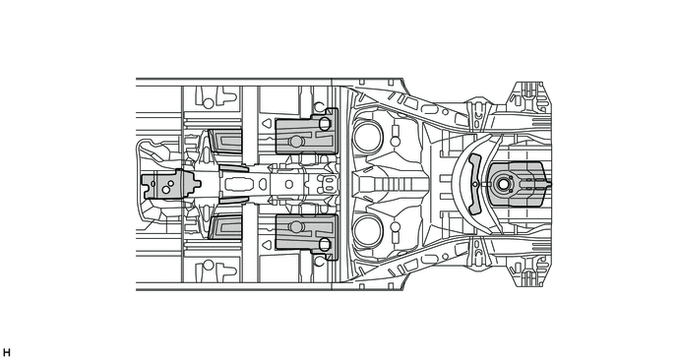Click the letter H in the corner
click(x=6, y=353)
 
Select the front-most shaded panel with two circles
click(x=168, y=184)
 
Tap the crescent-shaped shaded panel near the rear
click(x=475, y=184)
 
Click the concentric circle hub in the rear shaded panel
click(x=503, y=184)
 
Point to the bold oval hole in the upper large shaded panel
click(x=325, y=124)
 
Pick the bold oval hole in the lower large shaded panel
click(x=325, y=244)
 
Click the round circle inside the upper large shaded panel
click(x=296, y=142)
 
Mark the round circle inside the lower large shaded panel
click(x=296, y=227)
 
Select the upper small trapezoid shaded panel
click(x=225, y=142)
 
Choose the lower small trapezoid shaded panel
click(x=225, y=227)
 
